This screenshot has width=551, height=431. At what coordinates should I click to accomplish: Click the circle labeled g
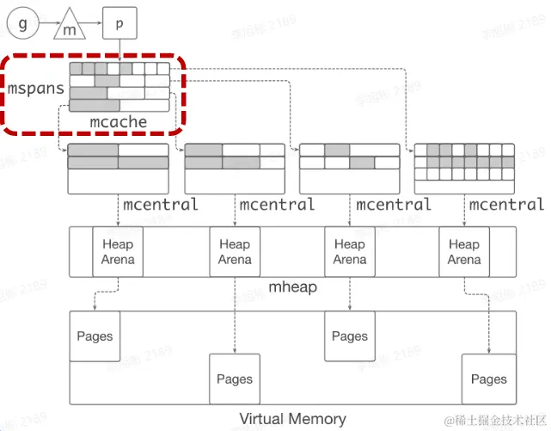[23, 23]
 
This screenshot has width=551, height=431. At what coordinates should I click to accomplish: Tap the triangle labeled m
[71, 28]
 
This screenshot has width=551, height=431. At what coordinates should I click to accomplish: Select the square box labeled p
[119, 23]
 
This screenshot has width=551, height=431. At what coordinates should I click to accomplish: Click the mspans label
[37, 89]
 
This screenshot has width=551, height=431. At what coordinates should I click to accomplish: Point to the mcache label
[118, 122]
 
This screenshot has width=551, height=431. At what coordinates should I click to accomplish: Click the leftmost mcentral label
[160, 205]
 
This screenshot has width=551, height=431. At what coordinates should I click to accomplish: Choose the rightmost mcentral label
[506, 205]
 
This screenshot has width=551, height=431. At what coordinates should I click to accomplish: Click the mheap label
[293, 286]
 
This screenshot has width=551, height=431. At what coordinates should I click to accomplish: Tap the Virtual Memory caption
[292, 419]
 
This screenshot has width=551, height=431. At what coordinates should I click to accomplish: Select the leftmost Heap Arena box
[118, 252]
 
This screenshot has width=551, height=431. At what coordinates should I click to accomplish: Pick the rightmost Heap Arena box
[464, 252]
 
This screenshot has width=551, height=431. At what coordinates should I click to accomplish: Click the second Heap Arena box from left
[235, 252]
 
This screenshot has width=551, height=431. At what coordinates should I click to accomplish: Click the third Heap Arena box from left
[350, 252]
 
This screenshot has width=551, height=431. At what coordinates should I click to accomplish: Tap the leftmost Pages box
[95, 336]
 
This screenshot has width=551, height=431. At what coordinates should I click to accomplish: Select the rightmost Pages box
[488, 379]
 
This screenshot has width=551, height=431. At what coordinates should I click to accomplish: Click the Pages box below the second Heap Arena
[235, 379]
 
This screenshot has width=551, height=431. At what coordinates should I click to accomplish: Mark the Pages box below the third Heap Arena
[350, 336]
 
